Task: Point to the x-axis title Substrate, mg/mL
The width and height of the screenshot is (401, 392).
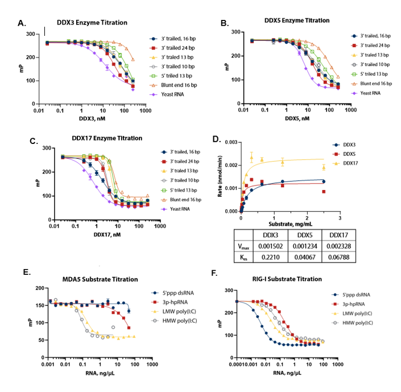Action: click(286, 221)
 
